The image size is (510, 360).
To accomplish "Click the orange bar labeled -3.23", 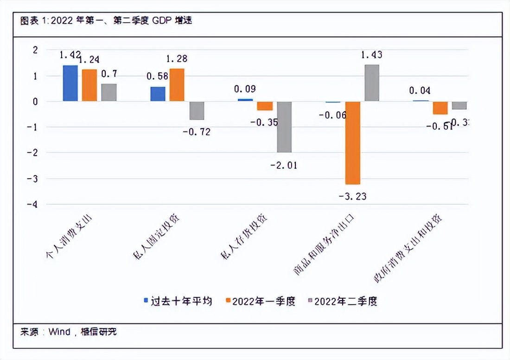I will point(352,142).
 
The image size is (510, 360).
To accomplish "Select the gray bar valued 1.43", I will point(372,83).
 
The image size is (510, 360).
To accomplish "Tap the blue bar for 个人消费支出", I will point(70,83).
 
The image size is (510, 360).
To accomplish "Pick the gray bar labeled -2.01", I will point(284,127).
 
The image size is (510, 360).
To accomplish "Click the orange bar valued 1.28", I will point(177,85).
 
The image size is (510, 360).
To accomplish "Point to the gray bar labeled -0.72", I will point(197,110).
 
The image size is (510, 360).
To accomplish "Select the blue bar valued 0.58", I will point(158,94).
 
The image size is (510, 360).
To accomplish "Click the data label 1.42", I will point(70,55).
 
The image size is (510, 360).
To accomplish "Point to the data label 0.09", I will point(245,89).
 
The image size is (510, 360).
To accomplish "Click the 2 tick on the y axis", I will point(36,50).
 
